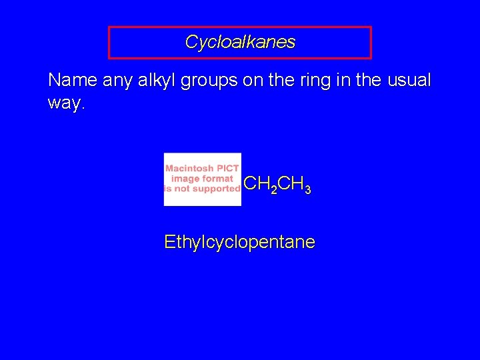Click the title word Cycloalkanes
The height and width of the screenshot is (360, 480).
pos(240,43)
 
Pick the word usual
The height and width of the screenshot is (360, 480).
pos(407,81)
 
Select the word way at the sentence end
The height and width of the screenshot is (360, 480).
pos(65,104)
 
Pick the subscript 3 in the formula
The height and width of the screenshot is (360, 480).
pos(307,191)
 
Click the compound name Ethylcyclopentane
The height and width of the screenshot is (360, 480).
pos(239,242)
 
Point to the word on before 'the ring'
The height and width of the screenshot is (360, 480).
pos(252,81)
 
